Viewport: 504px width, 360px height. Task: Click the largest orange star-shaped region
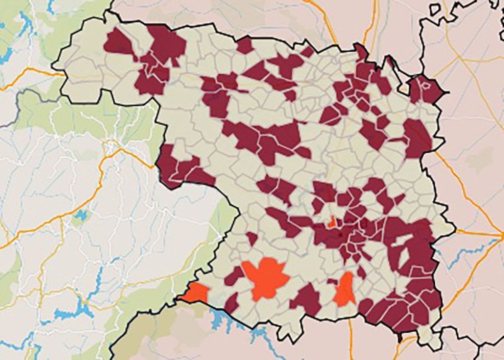tap(266, 277)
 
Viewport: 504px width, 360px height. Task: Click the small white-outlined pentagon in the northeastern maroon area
tap(426, 85)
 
